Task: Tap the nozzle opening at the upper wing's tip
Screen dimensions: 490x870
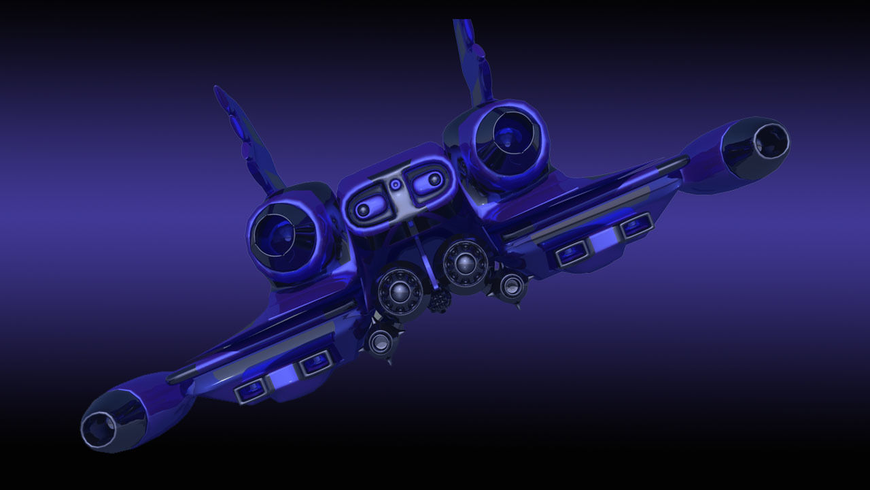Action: pyautogui.click(x=769, y=142)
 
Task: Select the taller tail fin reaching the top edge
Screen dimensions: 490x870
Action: pyautogui.click(x=474, y=61)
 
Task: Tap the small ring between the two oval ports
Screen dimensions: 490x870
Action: pyautogui.click(x=395, y=184)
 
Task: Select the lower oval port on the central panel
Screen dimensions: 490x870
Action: pyautogui.click(x=365, y=206)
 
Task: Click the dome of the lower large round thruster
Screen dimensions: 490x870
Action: pyautogui.click(x=400, y=292)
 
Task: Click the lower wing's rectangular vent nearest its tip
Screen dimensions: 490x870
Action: pyautogui.click(x=251, y=389)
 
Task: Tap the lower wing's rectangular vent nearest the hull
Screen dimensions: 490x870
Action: pyautogui.click(x=315, y=363)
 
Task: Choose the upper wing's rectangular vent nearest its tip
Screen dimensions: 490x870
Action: pyautogui.click(x=636, y=225)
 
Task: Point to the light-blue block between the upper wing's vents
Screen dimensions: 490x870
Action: pyautogui.click(x=604, y=240)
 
